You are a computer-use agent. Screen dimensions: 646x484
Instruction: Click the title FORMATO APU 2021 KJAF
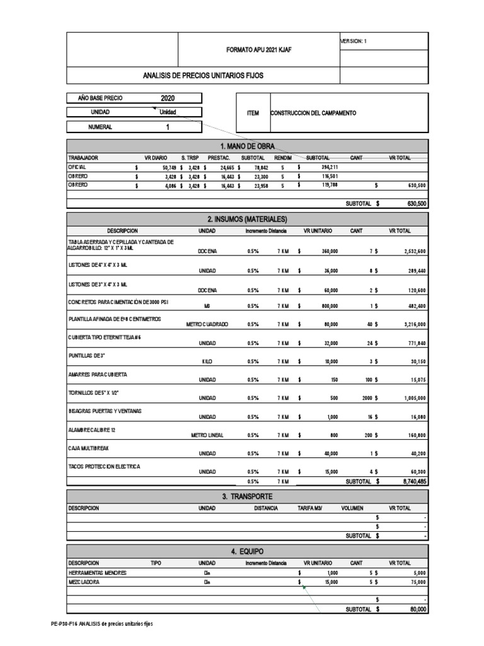(258, 49)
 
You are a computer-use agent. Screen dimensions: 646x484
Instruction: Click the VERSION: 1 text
(353, 41)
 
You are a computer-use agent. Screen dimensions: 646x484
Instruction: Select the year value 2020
(168, 98)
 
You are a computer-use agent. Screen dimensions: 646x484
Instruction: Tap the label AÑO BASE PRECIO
(100, 98)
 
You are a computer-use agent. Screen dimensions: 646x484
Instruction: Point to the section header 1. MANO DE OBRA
(248, 146)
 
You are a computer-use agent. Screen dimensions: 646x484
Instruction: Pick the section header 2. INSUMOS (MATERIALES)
(248, 219)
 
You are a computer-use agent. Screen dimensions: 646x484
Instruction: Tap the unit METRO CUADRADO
(207, 324)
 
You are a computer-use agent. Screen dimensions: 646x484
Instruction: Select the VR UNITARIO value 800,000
(326, 306)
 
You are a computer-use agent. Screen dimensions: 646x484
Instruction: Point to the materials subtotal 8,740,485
(413, 481)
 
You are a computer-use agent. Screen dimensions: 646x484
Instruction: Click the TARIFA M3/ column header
(310, 508)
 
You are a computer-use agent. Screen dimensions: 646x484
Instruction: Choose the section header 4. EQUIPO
(248, 552)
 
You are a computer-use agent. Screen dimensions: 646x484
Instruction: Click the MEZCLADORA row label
(84, 583)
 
